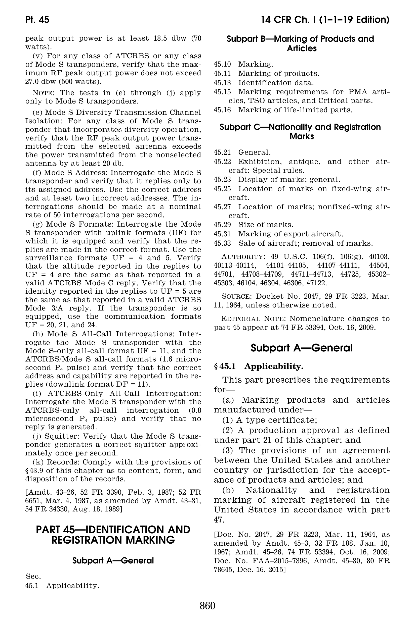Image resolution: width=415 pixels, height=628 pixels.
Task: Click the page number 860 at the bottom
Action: (207, 606)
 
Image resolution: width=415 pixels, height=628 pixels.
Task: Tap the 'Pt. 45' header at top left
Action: (37, 20)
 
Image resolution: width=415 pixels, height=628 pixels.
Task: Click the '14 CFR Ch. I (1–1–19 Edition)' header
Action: (325, 20)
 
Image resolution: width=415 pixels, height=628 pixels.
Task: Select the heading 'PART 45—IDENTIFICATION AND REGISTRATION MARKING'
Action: (113, 535)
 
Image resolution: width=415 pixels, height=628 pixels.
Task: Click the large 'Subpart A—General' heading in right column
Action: (302, 348)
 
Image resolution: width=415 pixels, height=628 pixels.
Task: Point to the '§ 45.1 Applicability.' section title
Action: (258, 366)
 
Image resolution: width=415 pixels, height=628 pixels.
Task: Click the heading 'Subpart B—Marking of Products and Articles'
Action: (302, 44)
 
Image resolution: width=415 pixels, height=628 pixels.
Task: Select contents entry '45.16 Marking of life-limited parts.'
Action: (283, 110)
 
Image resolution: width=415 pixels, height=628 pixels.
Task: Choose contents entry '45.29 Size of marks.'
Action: (253, 225)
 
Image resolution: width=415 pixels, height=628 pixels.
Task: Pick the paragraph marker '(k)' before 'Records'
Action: (37, 462)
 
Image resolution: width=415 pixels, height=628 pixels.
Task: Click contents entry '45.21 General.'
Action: (242, 152)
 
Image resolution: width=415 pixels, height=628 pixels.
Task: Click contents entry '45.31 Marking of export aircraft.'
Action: (278, 234)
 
